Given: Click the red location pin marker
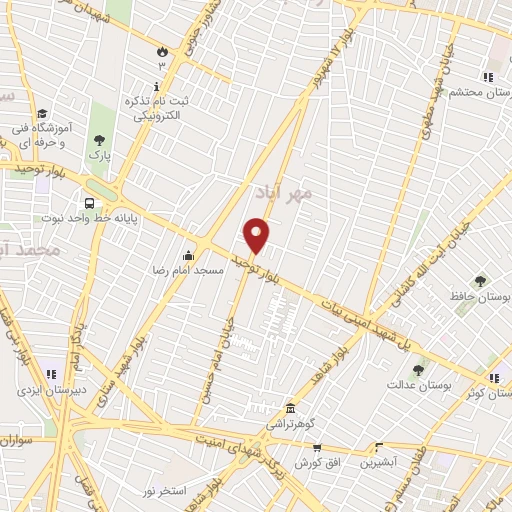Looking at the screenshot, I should click(257, 235).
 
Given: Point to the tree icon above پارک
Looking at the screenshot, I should click(98, 141).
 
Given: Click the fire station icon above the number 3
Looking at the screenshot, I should click(161, 49).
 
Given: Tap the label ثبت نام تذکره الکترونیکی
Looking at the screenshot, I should click(157, 109).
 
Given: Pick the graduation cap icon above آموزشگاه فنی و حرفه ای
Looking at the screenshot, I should click(43, 114).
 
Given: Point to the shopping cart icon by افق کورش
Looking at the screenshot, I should click(316, 449).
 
